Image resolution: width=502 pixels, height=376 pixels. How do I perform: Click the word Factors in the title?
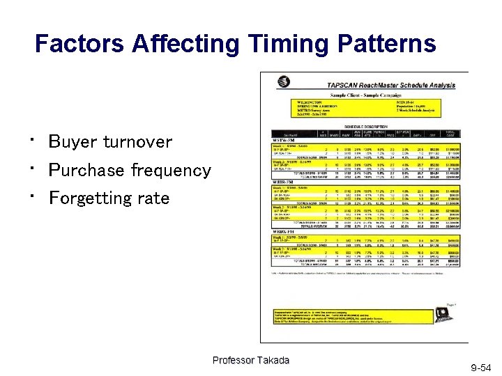coord(77,45)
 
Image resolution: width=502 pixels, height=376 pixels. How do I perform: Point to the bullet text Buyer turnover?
coord(110,142)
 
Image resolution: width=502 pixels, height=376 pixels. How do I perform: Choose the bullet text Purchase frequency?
coord(130,170)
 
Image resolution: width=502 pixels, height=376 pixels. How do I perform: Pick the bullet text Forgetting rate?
coord(109,198)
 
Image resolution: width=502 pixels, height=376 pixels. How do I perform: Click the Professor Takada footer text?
coord(250,360)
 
